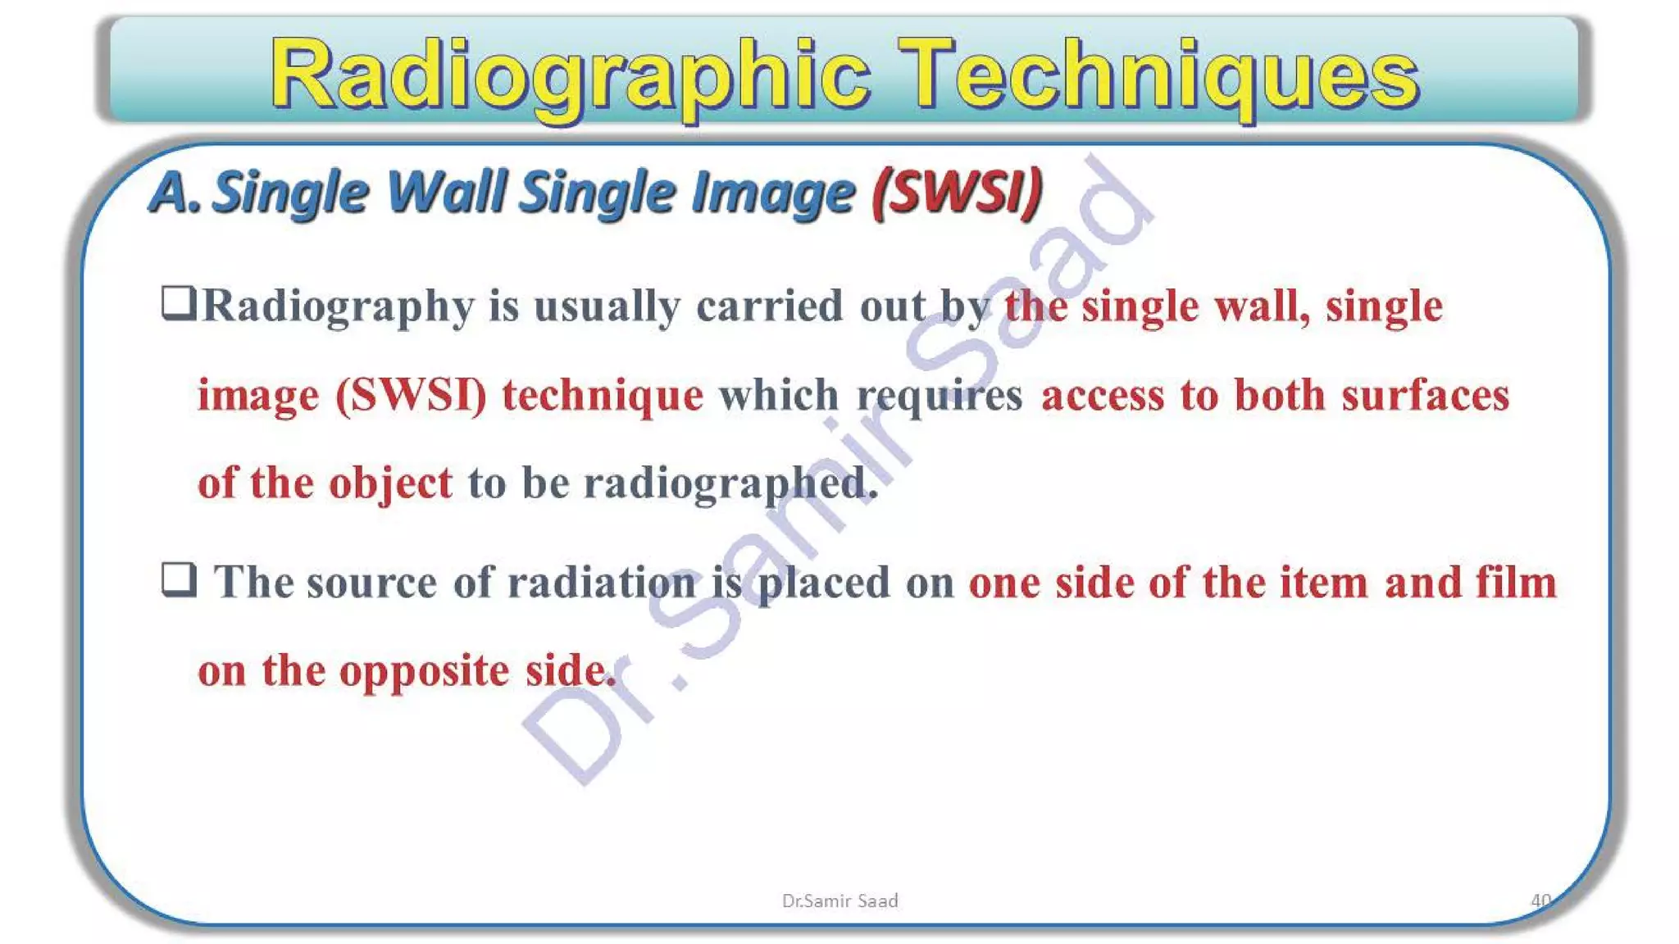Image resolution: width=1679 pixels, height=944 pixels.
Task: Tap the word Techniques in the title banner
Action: (x=1158, y=75)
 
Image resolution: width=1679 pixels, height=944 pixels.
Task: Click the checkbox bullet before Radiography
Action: (x=178, y=302)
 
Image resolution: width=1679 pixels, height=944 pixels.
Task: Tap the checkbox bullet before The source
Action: (x=178, y=579)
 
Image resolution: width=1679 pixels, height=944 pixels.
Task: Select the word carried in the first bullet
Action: (x=769, y=306)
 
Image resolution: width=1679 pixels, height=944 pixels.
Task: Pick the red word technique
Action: (x=603, y=396)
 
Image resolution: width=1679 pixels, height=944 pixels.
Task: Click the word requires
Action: (x=940, y=396)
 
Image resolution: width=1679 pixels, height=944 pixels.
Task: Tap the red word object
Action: (x=390, y=483)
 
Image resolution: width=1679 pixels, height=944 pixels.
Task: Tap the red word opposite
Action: (x=424, y=672)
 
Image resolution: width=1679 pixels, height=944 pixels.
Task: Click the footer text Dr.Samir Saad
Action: (x=839, y=901)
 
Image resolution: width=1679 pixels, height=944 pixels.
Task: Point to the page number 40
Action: (x=1540, y=900)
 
